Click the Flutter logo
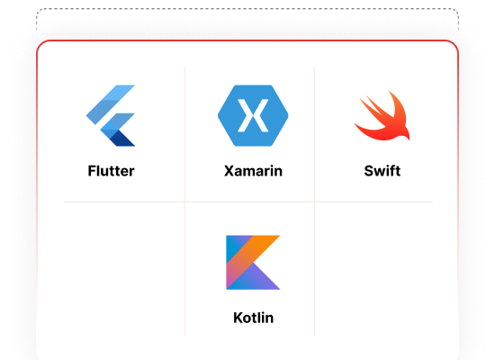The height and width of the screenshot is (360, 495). click(111, 115)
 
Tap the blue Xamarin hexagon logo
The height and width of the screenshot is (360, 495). click(253, 115)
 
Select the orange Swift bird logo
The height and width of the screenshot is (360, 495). click(382, 116)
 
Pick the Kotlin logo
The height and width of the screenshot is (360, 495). click(253, 262)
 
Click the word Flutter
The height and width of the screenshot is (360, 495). click(111, 171)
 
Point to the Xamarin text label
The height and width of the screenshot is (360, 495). click(253, 171)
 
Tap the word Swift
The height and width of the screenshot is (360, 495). click(382, 171)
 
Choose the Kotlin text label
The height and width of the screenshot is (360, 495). click(253, 318)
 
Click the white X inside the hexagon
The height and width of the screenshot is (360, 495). click(253, 115)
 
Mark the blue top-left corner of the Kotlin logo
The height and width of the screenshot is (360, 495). click(233, 246)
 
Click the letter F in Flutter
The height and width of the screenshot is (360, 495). click(92, 171)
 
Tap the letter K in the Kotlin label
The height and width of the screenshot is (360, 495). click(238, 318)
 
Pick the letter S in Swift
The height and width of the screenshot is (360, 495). click(370, 171)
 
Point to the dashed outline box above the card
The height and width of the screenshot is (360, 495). click(247, 8)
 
